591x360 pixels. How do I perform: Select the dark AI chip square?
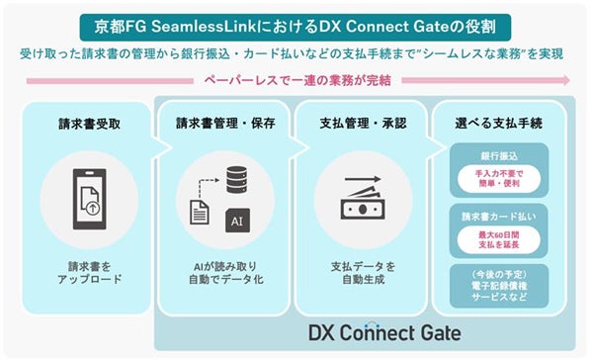point(236,221)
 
